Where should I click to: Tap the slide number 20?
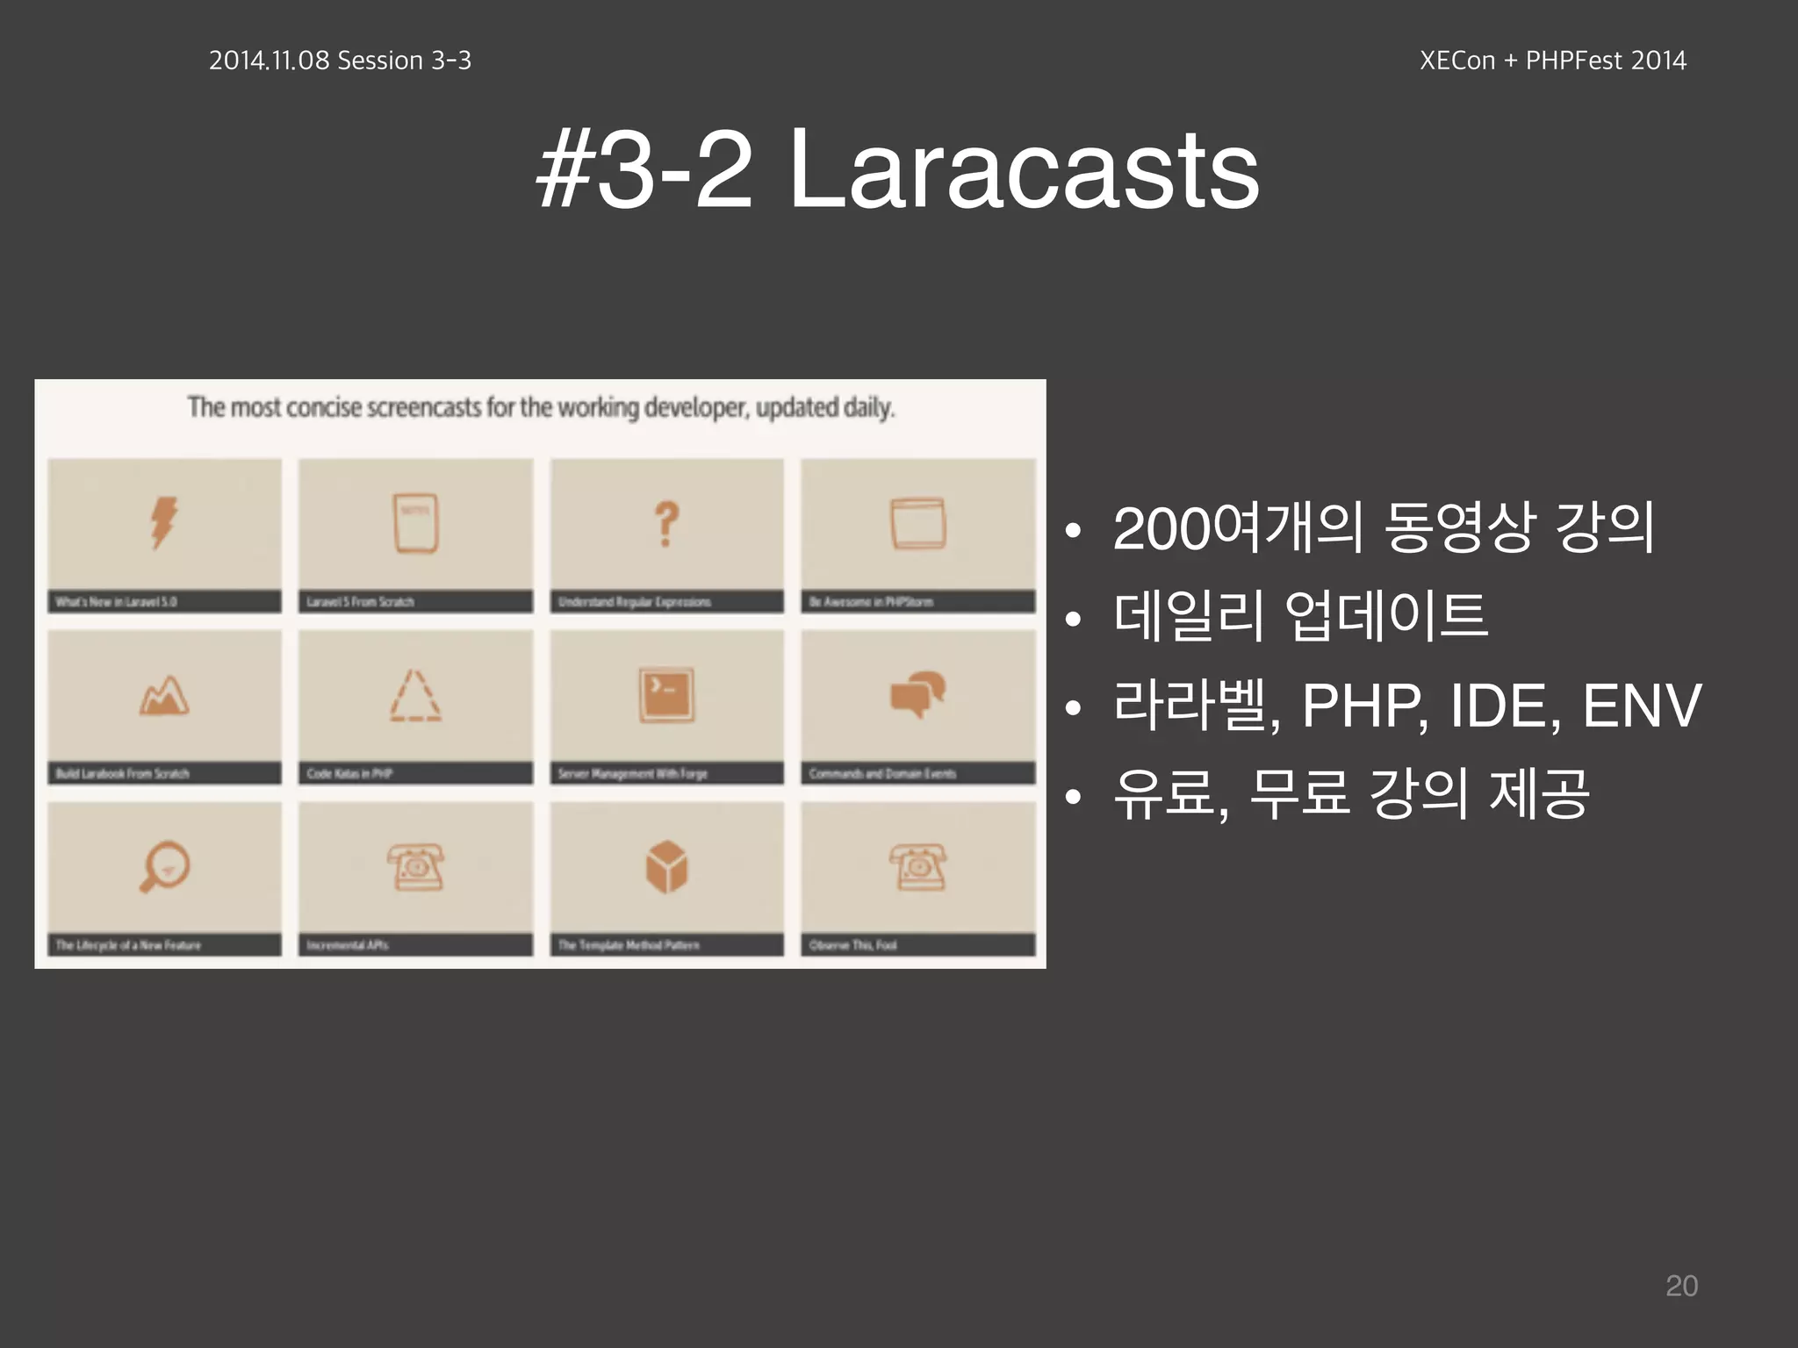(x=1681, y=1286)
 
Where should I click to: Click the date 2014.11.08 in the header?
(x=269, y=60)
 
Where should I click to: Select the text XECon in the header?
(x=1456, y=60)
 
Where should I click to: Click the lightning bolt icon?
(x=164, y=523)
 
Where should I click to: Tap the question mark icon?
(x=667, y=524)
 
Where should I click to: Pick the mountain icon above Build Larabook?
(x=164, y=696)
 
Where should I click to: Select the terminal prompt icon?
(x=666, y=695)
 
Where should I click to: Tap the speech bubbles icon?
(x=918, y=694)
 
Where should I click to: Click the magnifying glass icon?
(x=164, y=867)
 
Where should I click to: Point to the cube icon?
(x=666, y=867)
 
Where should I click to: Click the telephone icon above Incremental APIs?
(x=415, y=867)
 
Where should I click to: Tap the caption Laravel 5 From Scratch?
(x=360, y=602)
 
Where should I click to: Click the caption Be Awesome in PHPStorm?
(x=871, y=602)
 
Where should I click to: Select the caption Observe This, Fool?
(x=852, y=945)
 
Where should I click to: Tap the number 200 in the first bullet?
(x=1161, y=528)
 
